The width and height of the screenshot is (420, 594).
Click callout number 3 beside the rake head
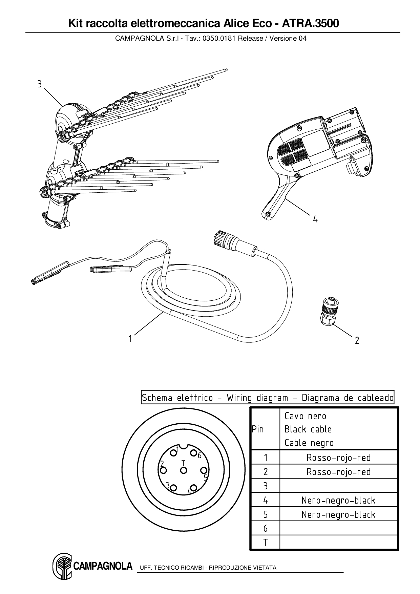(40, 84)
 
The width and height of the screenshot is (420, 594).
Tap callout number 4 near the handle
(315, 219)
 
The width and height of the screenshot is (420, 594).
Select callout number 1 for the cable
(130, 338)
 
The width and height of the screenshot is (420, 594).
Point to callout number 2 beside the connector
(357, 340)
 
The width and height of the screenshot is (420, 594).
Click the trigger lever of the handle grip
(276, 200)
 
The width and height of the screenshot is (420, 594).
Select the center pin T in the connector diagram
(183, 470)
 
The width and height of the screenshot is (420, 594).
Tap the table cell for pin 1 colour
(338, 458)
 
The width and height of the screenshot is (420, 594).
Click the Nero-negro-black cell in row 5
(338, 514)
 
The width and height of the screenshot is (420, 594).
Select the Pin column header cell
(258, 429)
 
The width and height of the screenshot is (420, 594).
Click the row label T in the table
(265, 543)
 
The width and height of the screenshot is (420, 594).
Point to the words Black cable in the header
(308, 429)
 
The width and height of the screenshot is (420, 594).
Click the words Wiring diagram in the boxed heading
(257, 398)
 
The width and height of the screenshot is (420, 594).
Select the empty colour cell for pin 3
(338, 486)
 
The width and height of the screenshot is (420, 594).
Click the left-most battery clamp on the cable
(49, 272)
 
